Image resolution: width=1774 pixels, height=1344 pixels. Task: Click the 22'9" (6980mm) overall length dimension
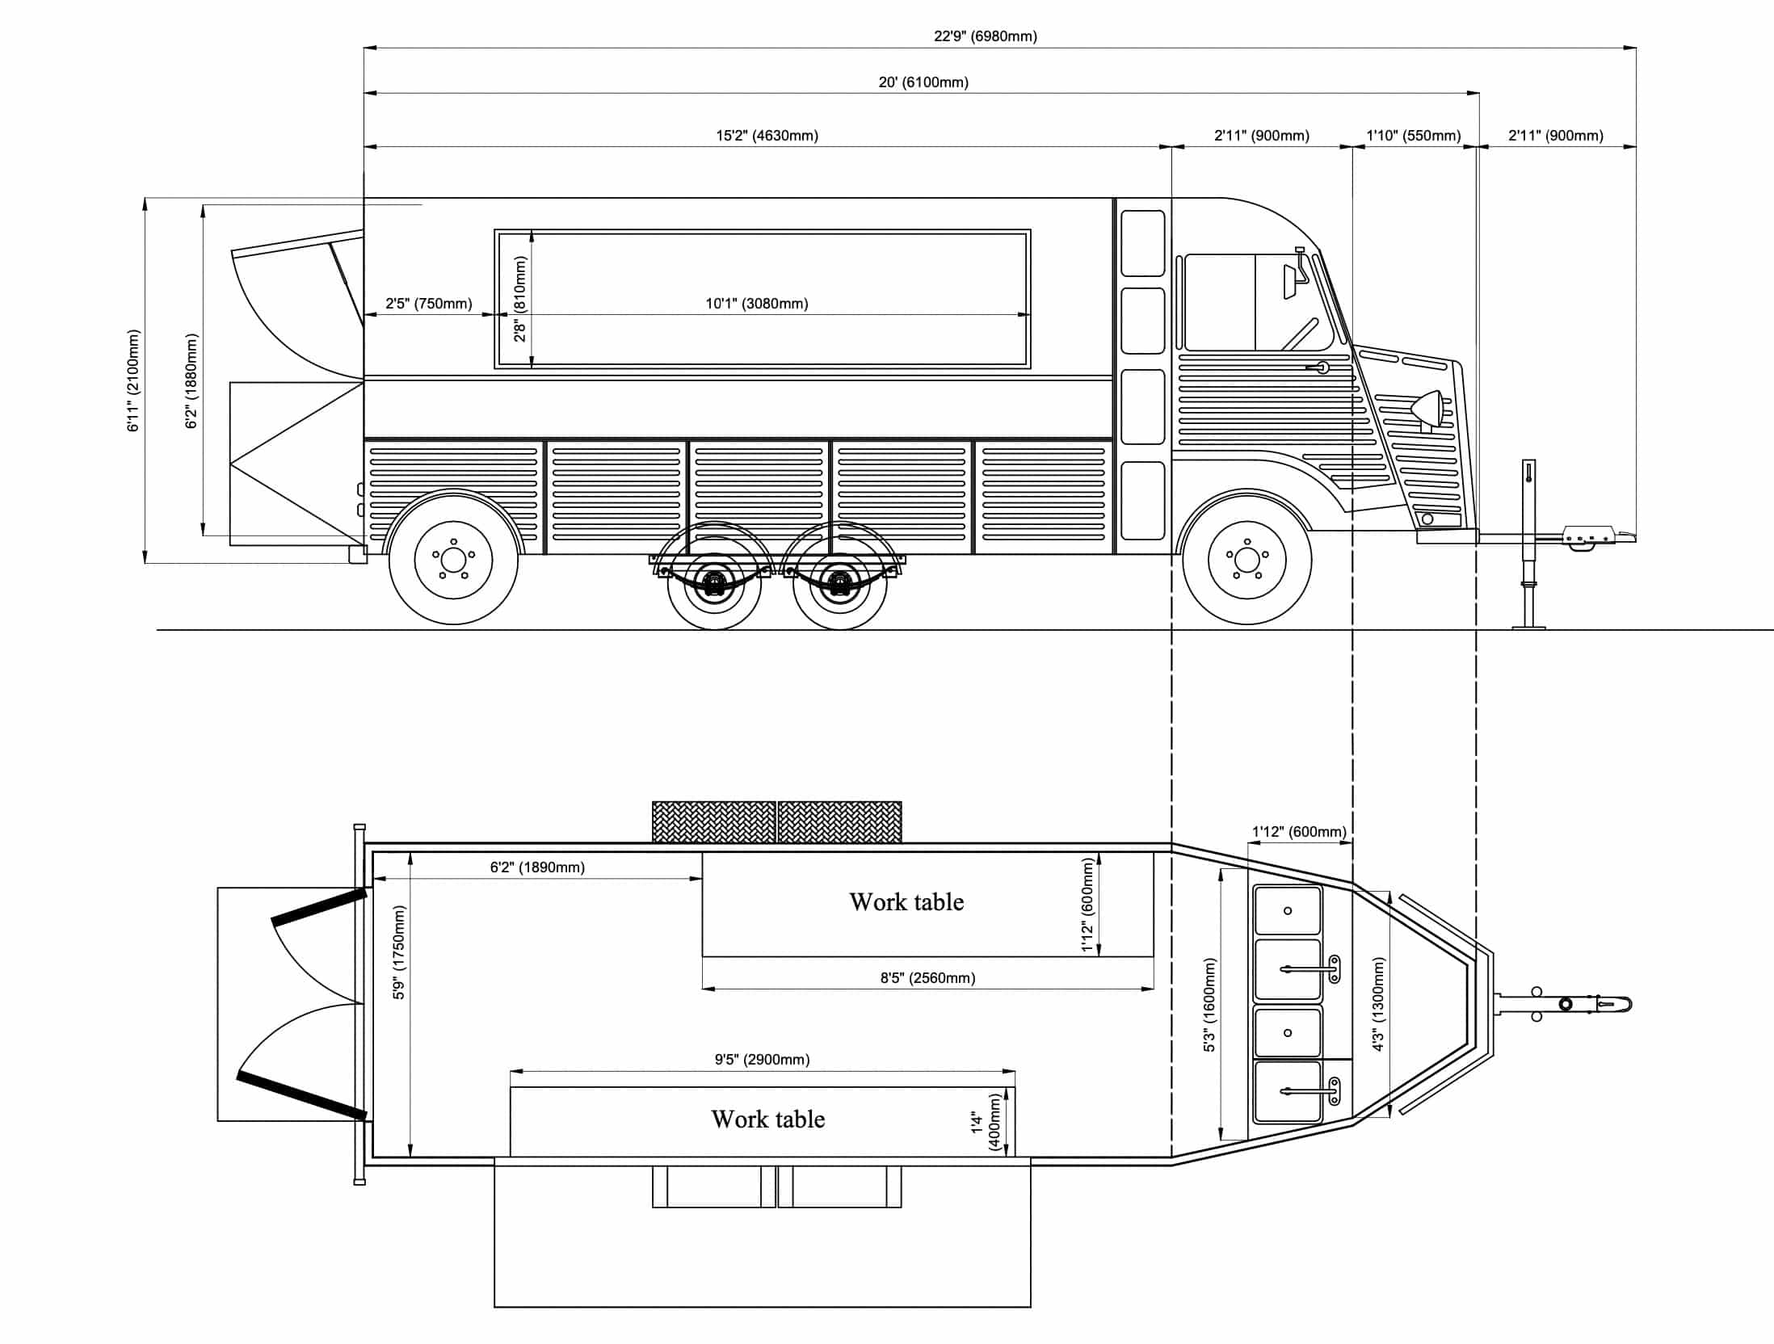click(985, 36)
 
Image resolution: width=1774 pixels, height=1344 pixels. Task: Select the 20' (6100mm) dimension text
click(923, 82)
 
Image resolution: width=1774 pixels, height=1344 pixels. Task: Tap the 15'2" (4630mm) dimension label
click(767, 135)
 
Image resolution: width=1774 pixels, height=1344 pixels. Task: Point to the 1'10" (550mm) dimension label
click(1413, 135)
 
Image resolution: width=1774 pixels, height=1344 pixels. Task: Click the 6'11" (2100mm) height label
click(133, 380)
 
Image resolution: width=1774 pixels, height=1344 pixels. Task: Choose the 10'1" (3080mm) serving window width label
click(756, 303)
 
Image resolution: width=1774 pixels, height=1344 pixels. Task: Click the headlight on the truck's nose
click(1428, 409)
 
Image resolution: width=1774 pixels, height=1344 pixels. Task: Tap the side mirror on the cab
click(1290, 280)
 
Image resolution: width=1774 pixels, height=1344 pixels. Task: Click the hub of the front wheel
click(1246, 558)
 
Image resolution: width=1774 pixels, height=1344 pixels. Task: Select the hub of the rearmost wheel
click(453, 559)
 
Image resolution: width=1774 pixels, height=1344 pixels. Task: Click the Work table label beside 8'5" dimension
click(906, 901)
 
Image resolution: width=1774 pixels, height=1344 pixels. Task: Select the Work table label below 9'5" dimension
click(767, 1119)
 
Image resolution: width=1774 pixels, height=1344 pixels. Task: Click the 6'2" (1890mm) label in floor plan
click(537, 867)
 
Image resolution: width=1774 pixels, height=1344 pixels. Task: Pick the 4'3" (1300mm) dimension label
click(1378, 1004)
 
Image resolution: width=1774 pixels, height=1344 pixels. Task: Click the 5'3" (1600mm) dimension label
click(1209, 1004)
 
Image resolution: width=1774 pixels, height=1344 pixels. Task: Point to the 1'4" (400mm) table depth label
click(986, 1122)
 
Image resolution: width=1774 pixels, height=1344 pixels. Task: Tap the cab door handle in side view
click(1321, 367)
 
